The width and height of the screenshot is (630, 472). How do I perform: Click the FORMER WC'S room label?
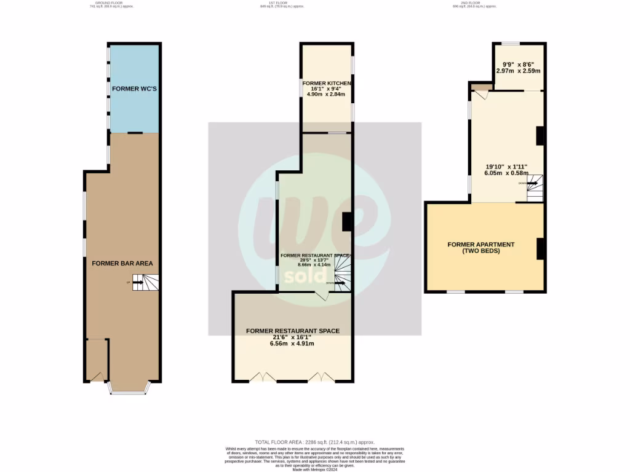tap(134, 88)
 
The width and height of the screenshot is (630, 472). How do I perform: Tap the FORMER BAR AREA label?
tap(122, 263)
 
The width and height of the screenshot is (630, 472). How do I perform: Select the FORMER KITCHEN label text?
tap(326, 83)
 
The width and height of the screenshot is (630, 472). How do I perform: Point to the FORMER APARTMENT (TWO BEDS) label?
tap(480, 248)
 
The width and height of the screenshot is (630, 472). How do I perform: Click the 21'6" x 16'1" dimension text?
tap(292, 337)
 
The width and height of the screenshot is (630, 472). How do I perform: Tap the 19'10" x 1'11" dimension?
tap(506, 166)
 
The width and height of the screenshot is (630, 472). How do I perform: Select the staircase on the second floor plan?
tap(535, 187)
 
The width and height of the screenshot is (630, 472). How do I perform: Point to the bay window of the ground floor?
tap(128, 388)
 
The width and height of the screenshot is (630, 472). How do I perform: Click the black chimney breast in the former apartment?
tap(541, 249)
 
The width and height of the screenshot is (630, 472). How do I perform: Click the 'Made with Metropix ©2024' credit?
tap(314, 470)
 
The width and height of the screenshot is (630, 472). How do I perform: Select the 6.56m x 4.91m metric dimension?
tap(292, 344)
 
